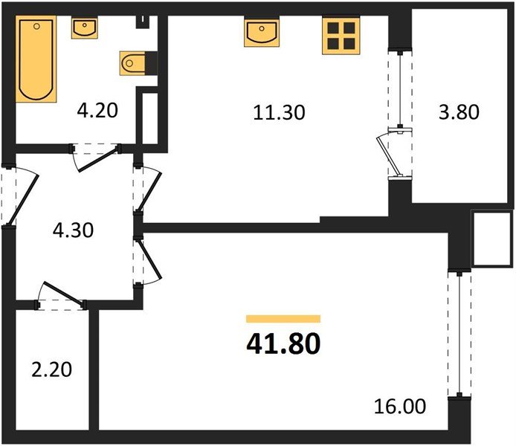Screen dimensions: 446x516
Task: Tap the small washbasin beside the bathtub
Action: [84, 29]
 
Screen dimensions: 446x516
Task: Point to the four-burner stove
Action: [341, 36]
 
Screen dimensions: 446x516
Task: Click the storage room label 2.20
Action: [52, 368]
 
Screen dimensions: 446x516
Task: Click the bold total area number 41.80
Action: [283, 344]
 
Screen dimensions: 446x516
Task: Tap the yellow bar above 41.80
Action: [283, 318]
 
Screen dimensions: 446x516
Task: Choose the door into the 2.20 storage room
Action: [61, 295]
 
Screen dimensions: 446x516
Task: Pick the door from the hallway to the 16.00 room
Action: [146, 260]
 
